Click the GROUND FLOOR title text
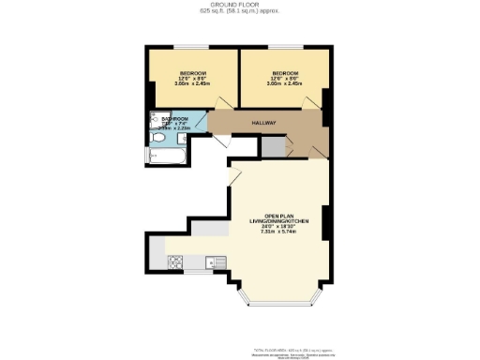tap(239, 5)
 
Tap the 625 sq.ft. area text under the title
tap(239, 12)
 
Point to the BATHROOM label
tap(175, 120)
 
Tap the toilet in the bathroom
tap(157, 139)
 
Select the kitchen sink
tap(210, 262)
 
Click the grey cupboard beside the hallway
tap(271, 147)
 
